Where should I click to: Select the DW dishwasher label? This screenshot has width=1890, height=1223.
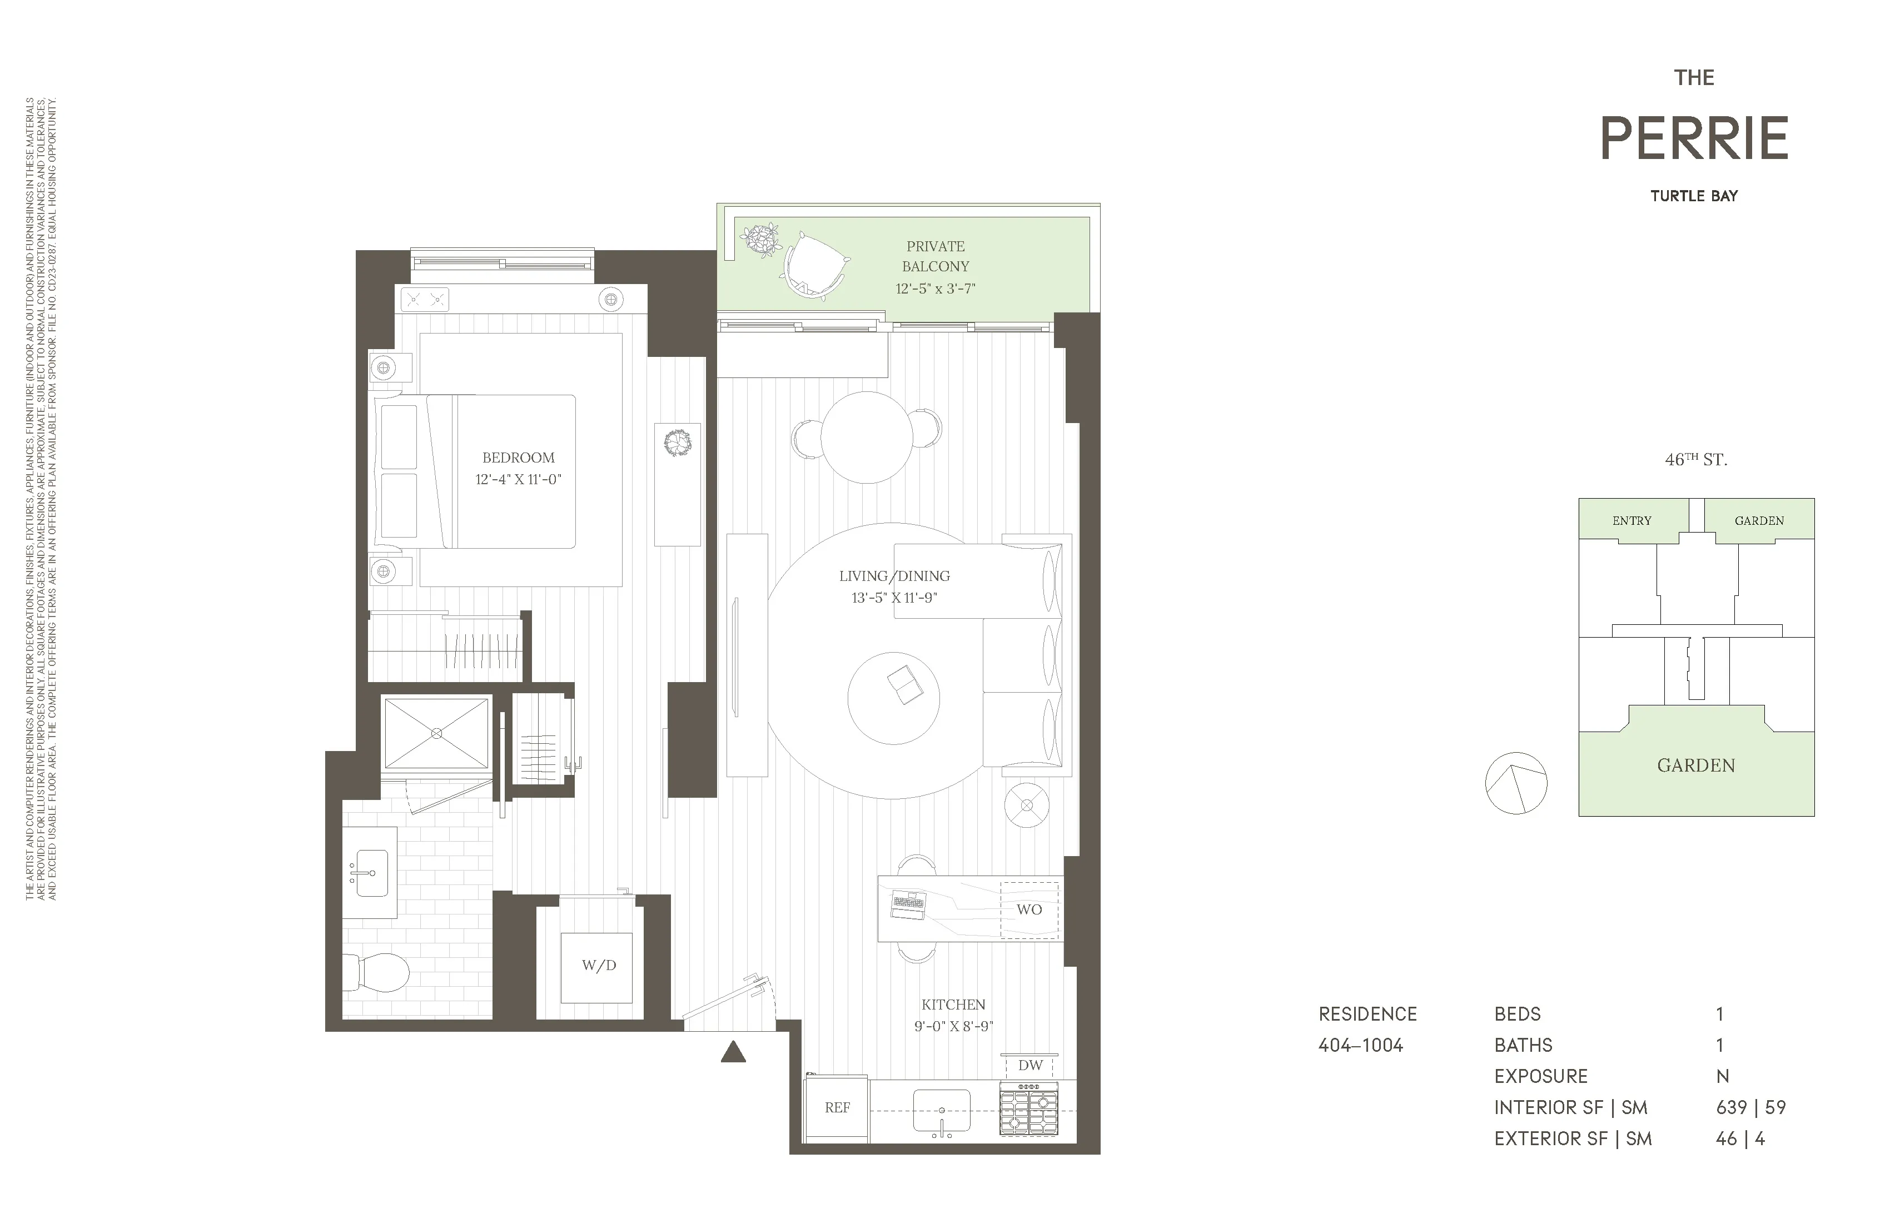coord(1030,1066)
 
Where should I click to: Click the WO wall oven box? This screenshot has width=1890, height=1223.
coord(1029,910)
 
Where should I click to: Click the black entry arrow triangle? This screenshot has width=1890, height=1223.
coord(733,1052)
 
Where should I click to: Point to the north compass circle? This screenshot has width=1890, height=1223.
coord(1516,783)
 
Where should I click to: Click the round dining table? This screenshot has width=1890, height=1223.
coord(867,438)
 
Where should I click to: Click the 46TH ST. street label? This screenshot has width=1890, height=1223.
coord(1695,460)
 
